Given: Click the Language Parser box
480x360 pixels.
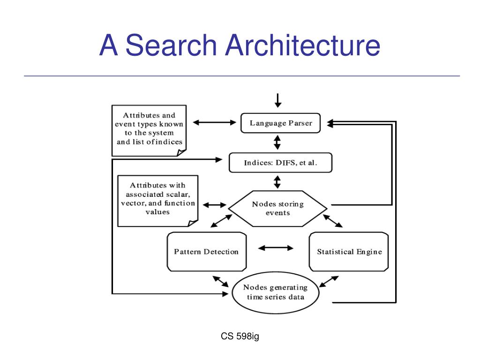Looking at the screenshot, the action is click(x=280, y=123).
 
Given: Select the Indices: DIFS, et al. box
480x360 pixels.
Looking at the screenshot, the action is click(x=280, y=163).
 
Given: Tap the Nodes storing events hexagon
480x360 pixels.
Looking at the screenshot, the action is click(x=277, y=209).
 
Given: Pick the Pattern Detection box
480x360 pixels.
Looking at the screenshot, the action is click(x=207, y=252).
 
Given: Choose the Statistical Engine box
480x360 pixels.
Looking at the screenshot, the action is click(x=349, y=252).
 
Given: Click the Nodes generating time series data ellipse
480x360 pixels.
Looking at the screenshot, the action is click(x=276, y=292).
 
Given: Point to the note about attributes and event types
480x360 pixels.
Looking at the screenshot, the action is click(x=149, y=131).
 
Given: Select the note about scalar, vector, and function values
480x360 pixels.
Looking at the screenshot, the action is click(x=157, y=201).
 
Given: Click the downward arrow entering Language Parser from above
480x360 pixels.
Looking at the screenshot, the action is click(x=278, y=101).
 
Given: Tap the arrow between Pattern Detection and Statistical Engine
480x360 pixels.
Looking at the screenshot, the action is click(x=276, y=248).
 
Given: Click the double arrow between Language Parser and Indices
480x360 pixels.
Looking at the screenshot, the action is click(x=277, y=142).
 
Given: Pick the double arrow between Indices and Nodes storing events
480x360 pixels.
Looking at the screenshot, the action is click(x=277, y=182).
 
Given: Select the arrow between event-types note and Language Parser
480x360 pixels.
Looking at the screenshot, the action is click(x=215, y=122).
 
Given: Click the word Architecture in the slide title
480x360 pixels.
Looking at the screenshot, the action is click(x=303, y=45).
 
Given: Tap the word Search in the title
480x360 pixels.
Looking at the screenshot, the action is click(x=172, y=45).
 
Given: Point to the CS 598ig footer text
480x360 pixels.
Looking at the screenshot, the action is click(x=240, y=336).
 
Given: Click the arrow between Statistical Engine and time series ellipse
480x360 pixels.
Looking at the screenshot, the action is click(x=329, y=282).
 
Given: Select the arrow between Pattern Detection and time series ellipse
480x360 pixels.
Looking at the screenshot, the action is click(x=221, y=282).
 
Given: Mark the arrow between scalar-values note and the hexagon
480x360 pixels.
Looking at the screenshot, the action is click(x=215, y=205).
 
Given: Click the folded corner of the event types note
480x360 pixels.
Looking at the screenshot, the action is click(x=181, y=152).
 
